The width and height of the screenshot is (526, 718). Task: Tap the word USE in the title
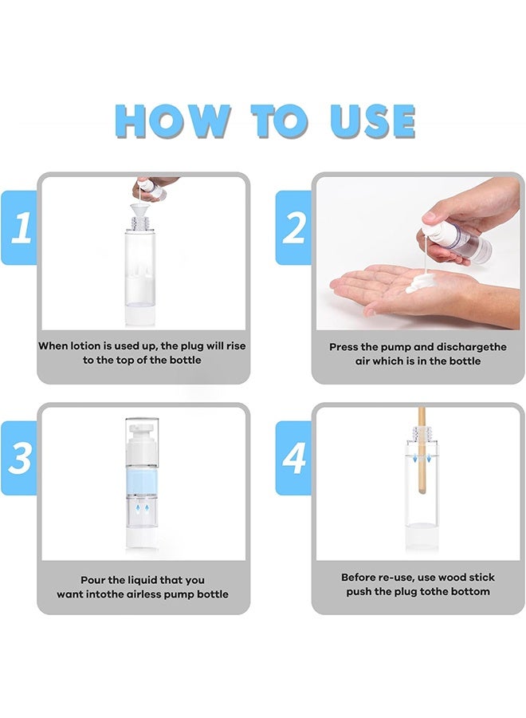pos(372,120)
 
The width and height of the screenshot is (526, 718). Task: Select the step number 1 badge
pos(20,229)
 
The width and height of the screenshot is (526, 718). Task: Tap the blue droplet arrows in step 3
pos(143,509)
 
